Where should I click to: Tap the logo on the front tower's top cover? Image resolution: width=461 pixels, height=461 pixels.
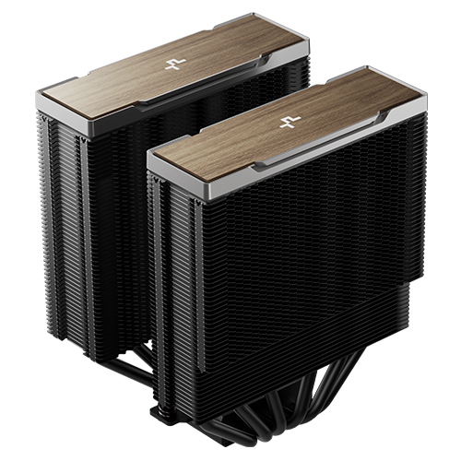(x=290, y=121)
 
